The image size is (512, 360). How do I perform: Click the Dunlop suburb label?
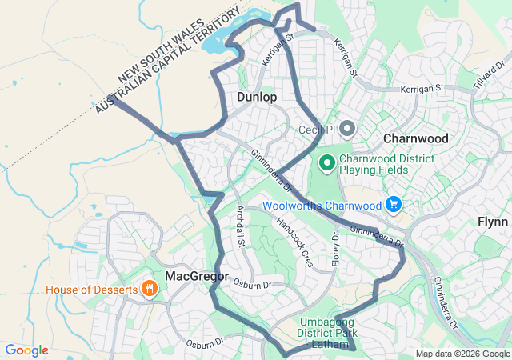click(x=257, y=97)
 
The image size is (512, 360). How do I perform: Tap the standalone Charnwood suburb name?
click(x=415, y=138)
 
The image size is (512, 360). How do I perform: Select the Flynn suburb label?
click(x=493, y=222)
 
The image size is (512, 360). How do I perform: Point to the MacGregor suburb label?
click(x=197, y=276)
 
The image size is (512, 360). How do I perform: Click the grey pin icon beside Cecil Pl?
click(x=347, y=129)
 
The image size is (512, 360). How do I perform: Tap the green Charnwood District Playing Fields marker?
click(x=326, y=164)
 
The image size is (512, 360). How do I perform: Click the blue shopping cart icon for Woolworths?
click(x=393, y=206)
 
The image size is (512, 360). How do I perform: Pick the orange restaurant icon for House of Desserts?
click(x=148, y=289)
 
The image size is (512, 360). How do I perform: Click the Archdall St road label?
click(x=239, y=226)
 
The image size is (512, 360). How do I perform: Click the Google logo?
click(x=26, y=350)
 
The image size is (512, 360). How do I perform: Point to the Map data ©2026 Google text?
click(x=461, y=354)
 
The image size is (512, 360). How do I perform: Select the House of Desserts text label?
click(x=91, y=289)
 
